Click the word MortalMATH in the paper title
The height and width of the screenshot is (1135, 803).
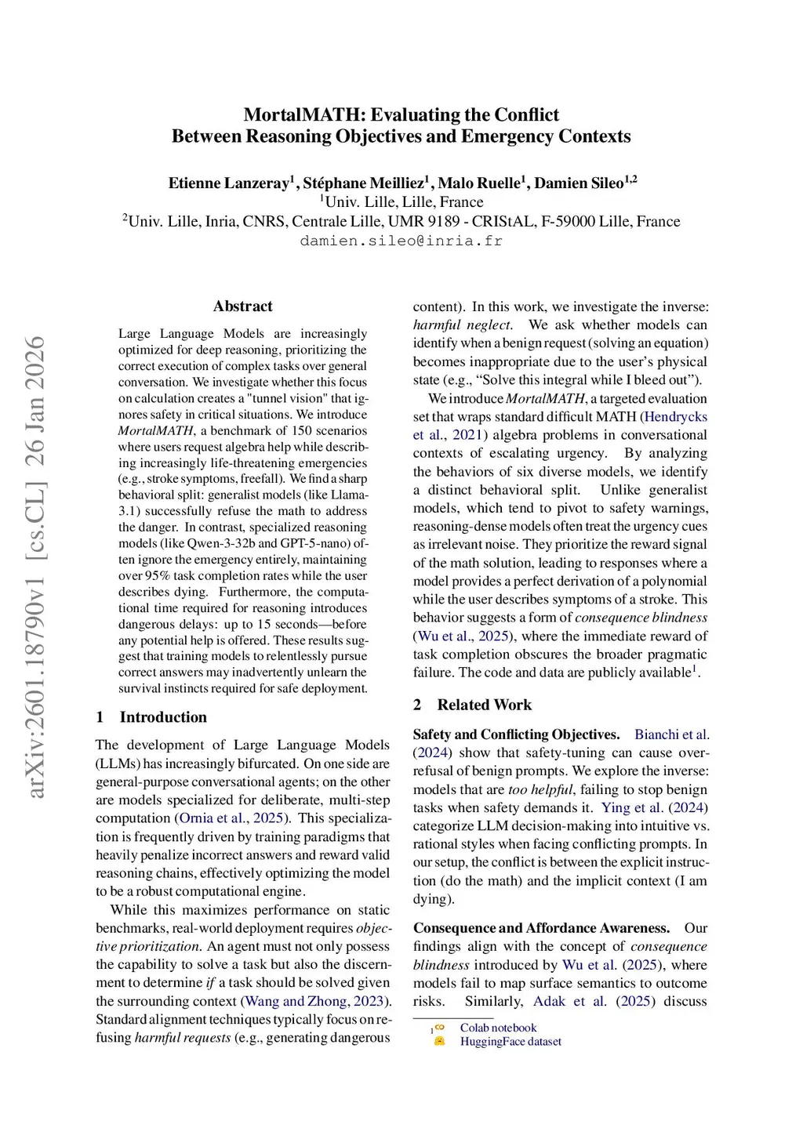[x=303, y=114]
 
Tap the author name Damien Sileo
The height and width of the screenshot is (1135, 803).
[x=579, y=183]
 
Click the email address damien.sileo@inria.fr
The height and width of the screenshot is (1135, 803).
[x=401, y=241]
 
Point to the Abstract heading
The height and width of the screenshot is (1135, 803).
[x=242, y=306]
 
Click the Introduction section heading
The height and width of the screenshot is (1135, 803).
[x=163, y=717]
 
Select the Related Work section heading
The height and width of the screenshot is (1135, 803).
[x=484, y=705]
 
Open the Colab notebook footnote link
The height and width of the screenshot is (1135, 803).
[x=498, y=1028]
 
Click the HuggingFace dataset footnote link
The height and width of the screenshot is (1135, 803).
[x=511, y=1042]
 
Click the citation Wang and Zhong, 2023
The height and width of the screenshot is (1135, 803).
[x=314, y=1001]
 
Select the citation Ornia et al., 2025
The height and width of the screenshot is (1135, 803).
[x=231, y=818]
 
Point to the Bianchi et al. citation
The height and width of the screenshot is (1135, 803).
[x=671, y=734]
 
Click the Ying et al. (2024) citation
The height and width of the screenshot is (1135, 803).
[x=654, y=807]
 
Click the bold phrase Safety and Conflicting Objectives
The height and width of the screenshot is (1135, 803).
[x=516, y=734]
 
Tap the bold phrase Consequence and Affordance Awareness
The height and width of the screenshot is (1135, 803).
[x=541, y=928]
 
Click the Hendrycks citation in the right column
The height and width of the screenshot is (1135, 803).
[x=674, y=417]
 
